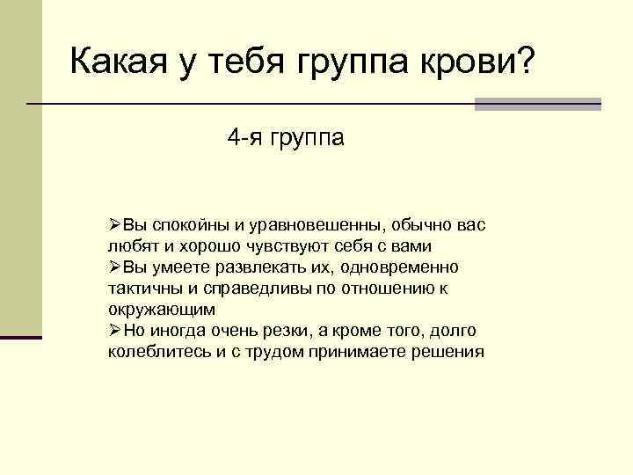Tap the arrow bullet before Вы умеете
[x=115, y=267]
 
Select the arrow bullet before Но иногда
[x=115, y=332]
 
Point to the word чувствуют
[x=299, y=246]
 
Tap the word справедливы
[x=238, y=289]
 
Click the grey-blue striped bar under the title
[x=537, y=104]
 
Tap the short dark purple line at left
[x=20, y=338]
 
